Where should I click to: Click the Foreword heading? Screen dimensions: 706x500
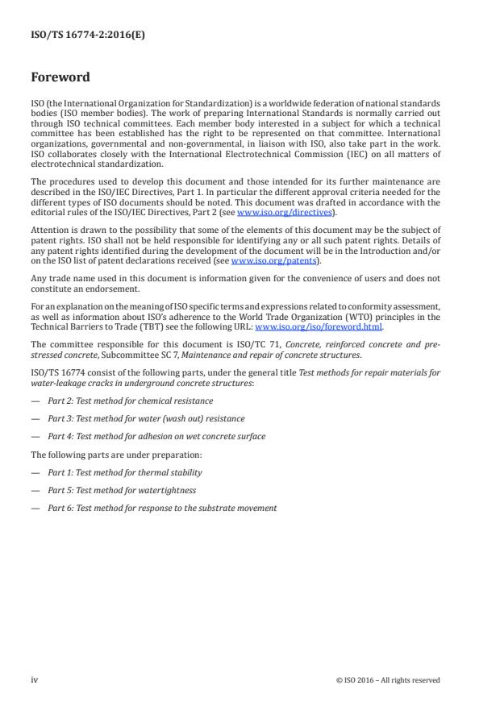pyautogui.click(x=60, y=78)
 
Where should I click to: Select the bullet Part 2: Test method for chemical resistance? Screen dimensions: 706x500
pyautogui.click(x=130, y=401)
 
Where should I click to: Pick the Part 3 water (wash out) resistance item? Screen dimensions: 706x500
pyautogui.click(x=146, y=419)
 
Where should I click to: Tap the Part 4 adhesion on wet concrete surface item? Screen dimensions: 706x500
pyautogui.click(x=156, y=437)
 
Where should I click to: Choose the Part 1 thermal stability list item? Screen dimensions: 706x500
pyautogui.click(x=124, y=472)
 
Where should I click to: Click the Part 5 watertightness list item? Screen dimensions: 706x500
pyautogui.click(x=121, y=490)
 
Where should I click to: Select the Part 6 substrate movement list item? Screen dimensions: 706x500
pyautogui.click(x=161, y=509)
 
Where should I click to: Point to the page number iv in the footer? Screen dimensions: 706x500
pyautogui.click(x=35, y=679)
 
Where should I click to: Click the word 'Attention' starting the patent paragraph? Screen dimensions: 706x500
pyautogui.click(x=48, y=230)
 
